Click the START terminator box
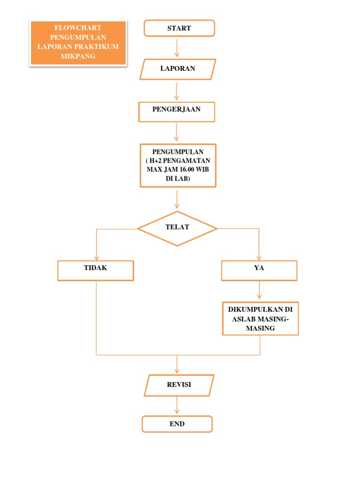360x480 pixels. tap(179, 28)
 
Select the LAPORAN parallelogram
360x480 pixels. tap(178, 68)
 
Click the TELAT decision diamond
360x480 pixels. tap(177, 228)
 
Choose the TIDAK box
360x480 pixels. tap(96, 270)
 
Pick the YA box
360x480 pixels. tap(259, 270)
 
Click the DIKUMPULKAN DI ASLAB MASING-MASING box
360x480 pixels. tap(260, 319)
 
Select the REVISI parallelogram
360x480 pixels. tap(179, 385)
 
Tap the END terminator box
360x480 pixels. tap(177, 424)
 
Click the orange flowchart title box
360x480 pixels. tap(78, 43)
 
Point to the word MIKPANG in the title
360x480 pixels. tap(78, 56)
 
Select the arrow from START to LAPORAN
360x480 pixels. tap(177, 47)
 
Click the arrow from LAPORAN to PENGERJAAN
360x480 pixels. tap(177, 91)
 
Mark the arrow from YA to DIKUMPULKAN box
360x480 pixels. tap(260, 290)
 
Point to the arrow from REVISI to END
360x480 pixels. tap(177, 405)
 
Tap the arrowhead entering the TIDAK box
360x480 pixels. tap(97, 258)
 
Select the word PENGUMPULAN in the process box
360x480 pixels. tap(178, 152)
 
